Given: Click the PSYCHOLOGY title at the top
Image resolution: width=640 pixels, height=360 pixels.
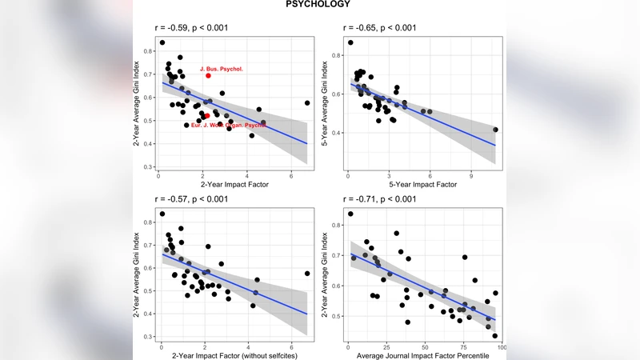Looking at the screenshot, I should [318, 5].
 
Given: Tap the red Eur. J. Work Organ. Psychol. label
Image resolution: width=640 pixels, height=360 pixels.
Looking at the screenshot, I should [229, 126].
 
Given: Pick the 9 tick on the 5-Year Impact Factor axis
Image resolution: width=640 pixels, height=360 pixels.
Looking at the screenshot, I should [471, 174].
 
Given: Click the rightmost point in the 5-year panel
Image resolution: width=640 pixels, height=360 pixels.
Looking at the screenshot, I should [495, 130].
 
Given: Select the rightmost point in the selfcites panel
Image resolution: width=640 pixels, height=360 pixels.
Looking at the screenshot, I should [306, 274].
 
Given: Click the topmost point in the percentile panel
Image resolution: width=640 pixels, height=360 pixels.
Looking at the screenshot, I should [350, 214].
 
